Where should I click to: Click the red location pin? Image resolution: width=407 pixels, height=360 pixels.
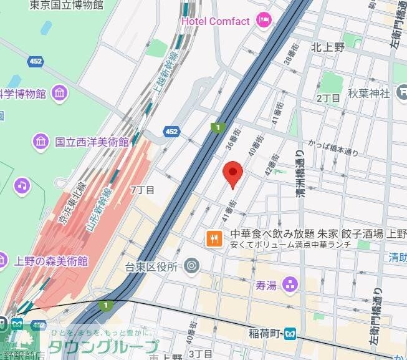click(233, 173)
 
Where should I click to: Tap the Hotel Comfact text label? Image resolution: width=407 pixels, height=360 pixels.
click(216, 21)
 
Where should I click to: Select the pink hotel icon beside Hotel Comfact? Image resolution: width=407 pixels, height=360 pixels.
click(264, 21)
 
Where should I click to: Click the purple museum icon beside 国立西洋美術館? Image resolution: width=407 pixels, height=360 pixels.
click(41, 142)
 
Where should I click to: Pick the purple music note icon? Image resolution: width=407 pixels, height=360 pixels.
click(22, 185)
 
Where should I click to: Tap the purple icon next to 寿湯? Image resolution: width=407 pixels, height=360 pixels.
click(290, 286)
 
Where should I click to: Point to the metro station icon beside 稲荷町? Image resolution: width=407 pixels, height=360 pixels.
click(290, 334)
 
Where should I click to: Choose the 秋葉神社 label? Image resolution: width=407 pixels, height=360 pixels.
click(369, 94)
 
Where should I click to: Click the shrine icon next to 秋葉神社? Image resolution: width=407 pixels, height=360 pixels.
click(402, 94)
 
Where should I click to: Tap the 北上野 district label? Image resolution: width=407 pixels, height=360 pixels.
click(328, 46)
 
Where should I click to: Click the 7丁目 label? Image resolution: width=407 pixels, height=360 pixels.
click(142, 189)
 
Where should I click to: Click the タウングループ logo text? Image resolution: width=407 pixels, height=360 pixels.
click(103, 347)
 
